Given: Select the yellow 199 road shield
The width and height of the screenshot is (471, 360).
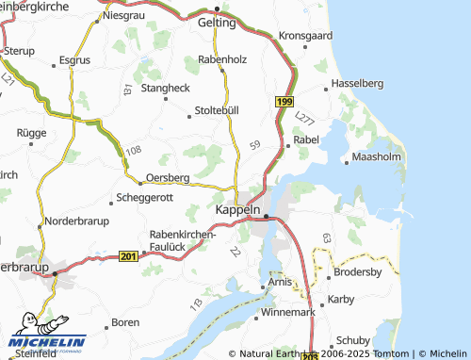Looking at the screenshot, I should pyautogui.click(x=285, y=100).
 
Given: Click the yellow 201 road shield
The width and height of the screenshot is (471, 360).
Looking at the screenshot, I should pyautogui.click(x=129, y=256).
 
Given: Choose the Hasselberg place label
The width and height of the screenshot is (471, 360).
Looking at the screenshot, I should pyautogui.click(x=362, y=82).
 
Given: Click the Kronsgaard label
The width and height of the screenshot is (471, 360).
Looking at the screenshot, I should pyautogui.click(x=307, y=35).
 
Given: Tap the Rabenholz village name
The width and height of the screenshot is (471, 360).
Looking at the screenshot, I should pyautogui.click(x=222, y=59).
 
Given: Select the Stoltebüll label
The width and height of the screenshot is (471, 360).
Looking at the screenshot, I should pyautogui.click(x=216, y=110).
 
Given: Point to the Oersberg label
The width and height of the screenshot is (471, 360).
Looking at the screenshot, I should pyautogui.click(x=169, y=176).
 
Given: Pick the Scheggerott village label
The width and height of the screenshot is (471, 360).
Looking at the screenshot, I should pyautogui.click(x=143, y=198).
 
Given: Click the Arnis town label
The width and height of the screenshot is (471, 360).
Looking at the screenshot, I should pyautogui.click(x=279, y=282).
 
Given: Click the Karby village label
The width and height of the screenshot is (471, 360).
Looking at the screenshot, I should pyautogui.click(x=340, y=300).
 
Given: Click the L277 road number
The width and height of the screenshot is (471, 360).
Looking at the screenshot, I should pyautogui.click(x=302, y=119).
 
